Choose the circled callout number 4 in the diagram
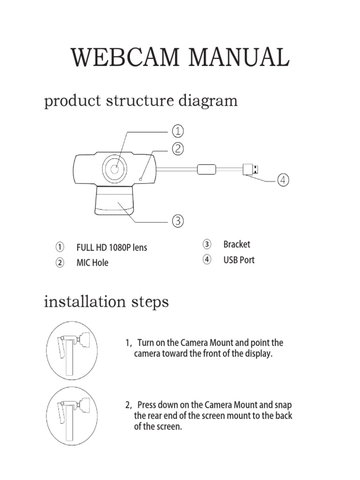pos(283,180)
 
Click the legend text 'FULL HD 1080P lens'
pos(112,247)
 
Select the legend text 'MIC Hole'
pos(92,262)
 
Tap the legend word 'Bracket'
pos(237,244)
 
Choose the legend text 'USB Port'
pos(239,260)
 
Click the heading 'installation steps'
pos(106,302)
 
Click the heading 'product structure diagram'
pos(141,101)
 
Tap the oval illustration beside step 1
pos(71,351)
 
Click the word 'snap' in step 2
pos(283,405)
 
